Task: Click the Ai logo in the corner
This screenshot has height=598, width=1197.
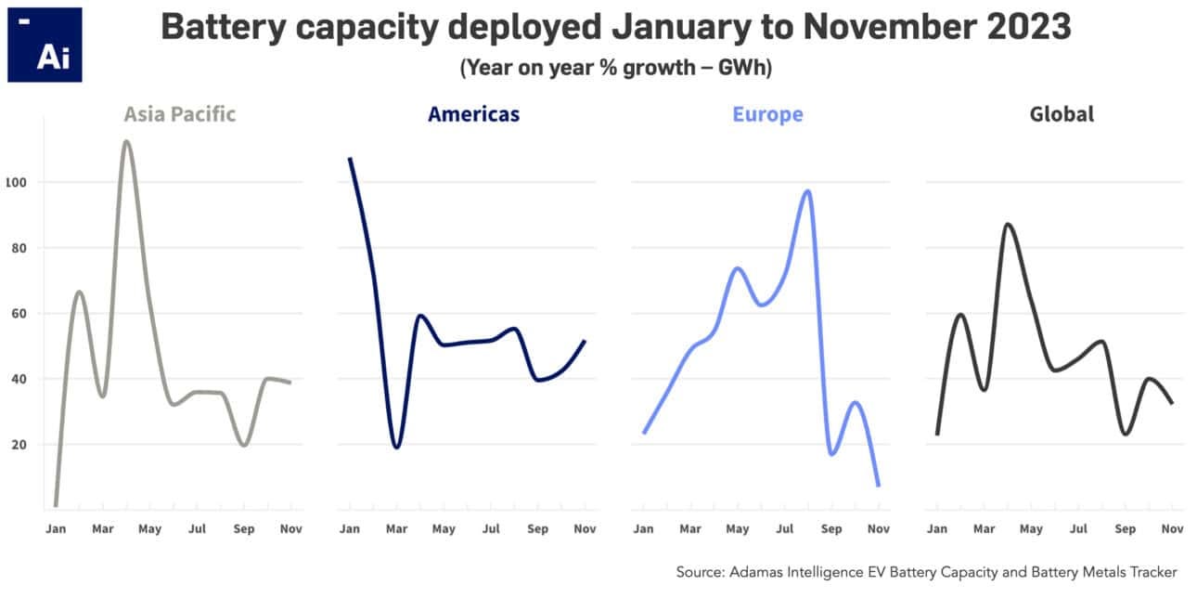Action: pyautogui.click(x=45, y=45)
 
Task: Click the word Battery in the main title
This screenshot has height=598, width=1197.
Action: pyautogui.click(x=218, y=27)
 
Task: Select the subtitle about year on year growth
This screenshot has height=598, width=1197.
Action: pyautogui.click(x=615, y=68)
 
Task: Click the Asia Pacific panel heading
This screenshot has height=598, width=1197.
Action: pyautogui.click(x=180, y=114)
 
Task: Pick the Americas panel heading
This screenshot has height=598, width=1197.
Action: pyautogui.click(x=473, y=114)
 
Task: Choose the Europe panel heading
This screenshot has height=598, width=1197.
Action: pyautogui.click(x=767, y=114)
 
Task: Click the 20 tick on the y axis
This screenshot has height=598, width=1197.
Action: pyautogui.click(x=18, y=445)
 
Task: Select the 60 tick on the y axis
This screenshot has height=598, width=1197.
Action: pyautogui.click(x=18, y=314)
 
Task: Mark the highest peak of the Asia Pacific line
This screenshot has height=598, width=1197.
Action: pyautogui.click(x=126, y=142)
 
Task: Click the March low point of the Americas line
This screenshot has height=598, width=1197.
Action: pyautogui.click(x=396, y=447)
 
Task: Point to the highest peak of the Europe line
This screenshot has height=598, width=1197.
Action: pyautogui.click(x=807, y=191)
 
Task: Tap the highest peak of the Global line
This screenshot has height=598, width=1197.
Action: pyautogui.click(x=1008, y=225)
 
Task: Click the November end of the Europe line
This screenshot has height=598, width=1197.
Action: pyautogui.click(x=878, y=485)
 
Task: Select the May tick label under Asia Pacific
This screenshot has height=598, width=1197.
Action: pyautogui.click(x=149, y=529)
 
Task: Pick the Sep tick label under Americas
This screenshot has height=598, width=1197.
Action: pyautogui.click(x=537, y=529)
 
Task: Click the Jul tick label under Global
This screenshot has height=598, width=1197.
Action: pyautogui.click(x=1078, y=529)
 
